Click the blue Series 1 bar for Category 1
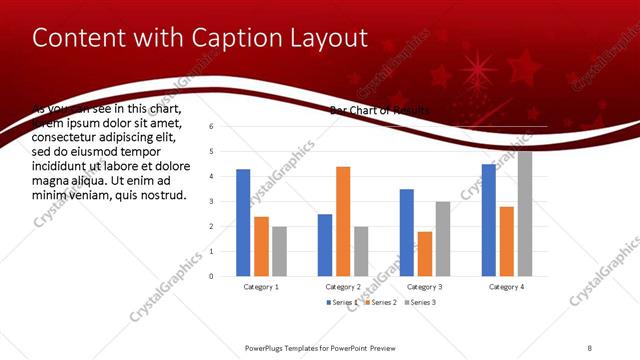[x=243, y=222]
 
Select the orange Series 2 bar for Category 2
[x=343, y=221]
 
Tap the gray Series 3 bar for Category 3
[x=443, y=238]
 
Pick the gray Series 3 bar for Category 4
[x=525, y=213]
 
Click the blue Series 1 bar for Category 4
[x=489, y=219]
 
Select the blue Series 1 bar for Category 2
[x=325, y=244]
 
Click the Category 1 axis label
[x=261, y=287]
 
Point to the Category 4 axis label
[x=507, y=287]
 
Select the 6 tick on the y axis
[x=211, y=127]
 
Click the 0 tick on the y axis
[x=211, y=276]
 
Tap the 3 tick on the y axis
[x=211, y=202]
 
